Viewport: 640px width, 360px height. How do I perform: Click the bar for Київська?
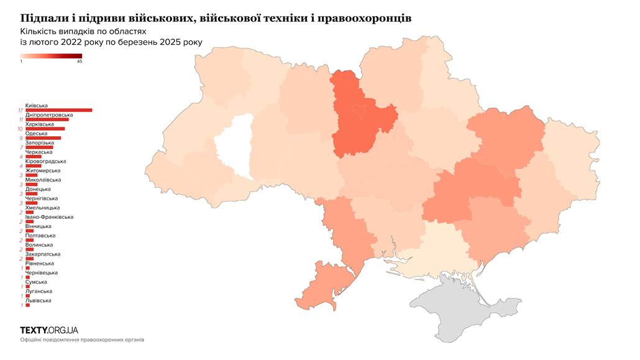click(58, 110)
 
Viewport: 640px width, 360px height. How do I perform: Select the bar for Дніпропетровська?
click(47, 119)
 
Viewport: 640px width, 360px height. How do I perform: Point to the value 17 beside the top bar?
click(21, 111)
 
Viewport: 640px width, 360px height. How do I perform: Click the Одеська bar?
click(43, 138)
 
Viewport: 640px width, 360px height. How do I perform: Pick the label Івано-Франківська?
click(49, 217)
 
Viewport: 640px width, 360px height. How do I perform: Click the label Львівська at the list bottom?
click(38, 300)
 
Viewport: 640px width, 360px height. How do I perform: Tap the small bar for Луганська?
click(27, 296)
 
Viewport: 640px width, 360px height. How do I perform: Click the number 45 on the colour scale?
click(80, 61)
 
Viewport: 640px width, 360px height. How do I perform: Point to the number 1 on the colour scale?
click(21, 61)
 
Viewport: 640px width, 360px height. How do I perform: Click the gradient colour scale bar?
click(51, 55)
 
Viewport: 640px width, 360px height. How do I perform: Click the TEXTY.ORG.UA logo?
click(49, 330)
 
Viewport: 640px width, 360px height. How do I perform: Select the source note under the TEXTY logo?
click(81, 340)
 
